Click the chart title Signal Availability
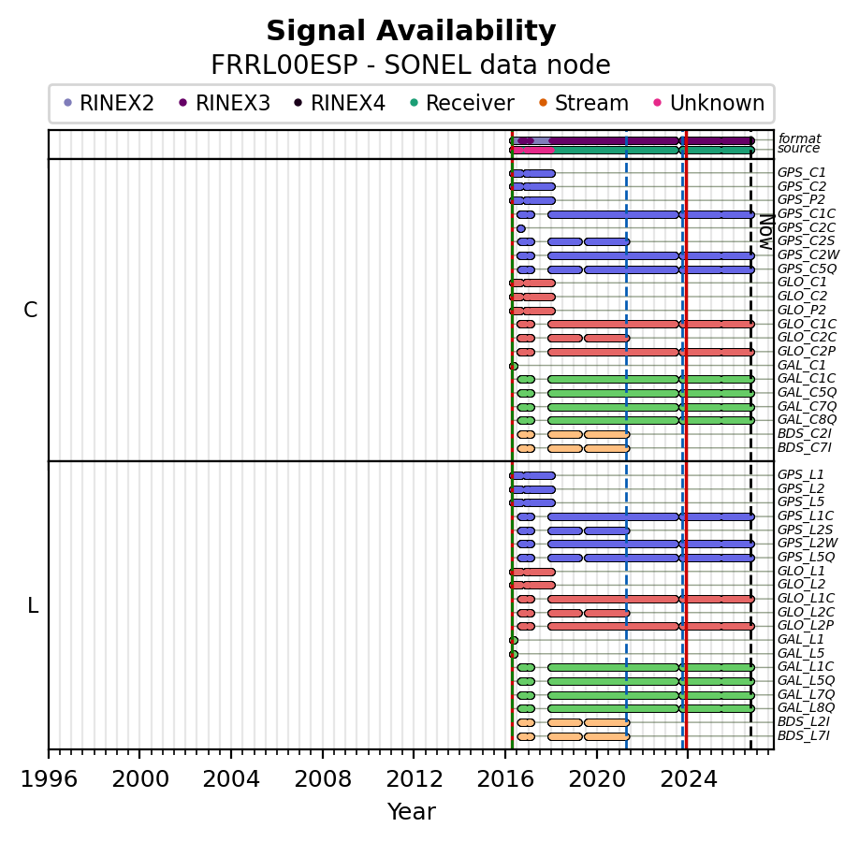click(x=411, y=31)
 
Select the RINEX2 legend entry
click(x=109, y=103)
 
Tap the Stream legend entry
click(x=584, y=103)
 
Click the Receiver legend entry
click(x=462, y=103)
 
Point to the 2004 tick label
click(x=231, y=778)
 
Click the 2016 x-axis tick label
click(x=505, y=778)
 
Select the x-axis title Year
click(x=412, y=812)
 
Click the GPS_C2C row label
click(x=807, y=228)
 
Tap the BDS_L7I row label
click(x=804, y=735)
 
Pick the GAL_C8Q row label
click(x=807, y=420)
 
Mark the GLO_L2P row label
click(x=806, y=626)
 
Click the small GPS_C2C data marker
click(x=520, y=228)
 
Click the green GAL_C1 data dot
click(x=514, y=366)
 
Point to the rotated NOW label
click(x=766, y=232)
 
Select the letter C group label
click(x=31, y=310)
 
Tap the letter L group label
click(x=33, y=606)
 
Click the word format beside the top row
click(x=799, y=138)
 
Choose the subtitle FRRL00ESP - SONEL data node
click(x=411, y=65)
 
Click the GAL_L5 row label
click(x=801, y=653)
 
